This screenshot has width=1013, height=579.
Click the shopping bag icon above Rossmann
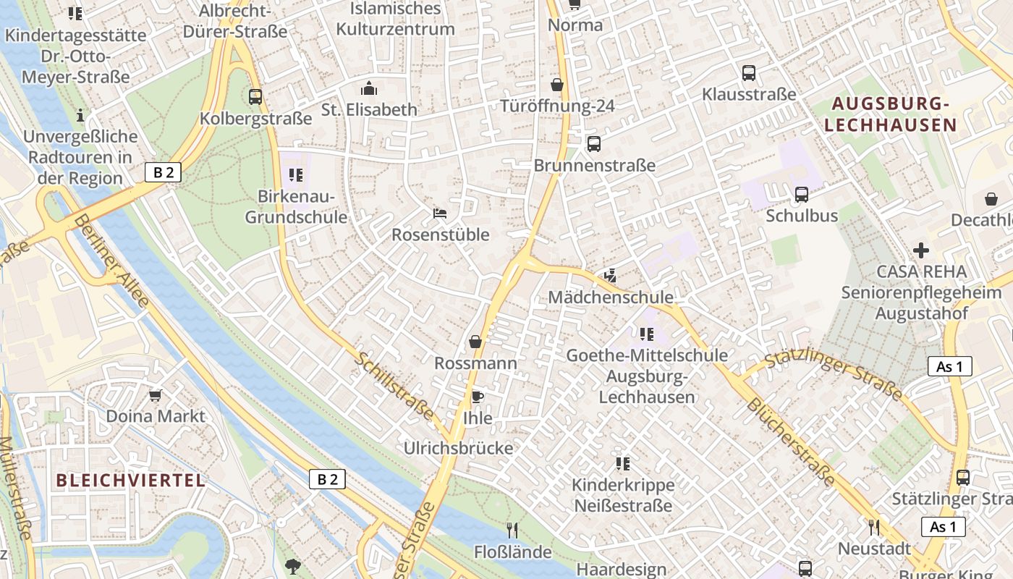475,341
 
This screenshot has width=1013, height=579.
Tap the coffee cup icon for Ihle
477,396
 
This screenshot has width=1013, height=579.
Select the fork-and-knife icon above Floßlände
512,531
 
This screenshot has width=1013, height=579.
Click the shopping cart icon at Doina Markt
155,395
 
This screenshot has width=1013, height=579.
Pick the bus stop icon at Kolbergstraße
255,96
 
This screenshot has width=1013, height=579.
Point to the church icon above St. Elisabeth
369,88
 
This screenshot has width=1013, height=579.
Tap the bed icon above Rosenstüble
440,213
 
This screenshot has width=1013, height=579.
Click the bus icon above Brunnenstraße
594,143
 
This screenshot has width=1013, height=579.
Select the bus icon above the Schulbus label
801,194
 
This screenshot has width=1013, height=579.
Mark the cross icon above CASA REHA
921,250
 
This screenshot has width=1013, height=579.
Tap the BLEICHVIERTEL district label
130,480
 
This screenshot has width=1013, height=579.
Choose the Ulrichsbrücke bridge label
459,448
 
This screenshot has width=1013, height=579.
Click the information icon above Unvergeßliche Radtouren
80,115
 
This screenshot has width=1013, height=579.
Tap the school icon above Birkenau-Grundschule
295,174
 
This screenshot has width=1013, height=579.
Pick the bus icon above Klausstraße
749,72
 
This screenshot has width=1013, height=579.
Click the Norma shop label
575,25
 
